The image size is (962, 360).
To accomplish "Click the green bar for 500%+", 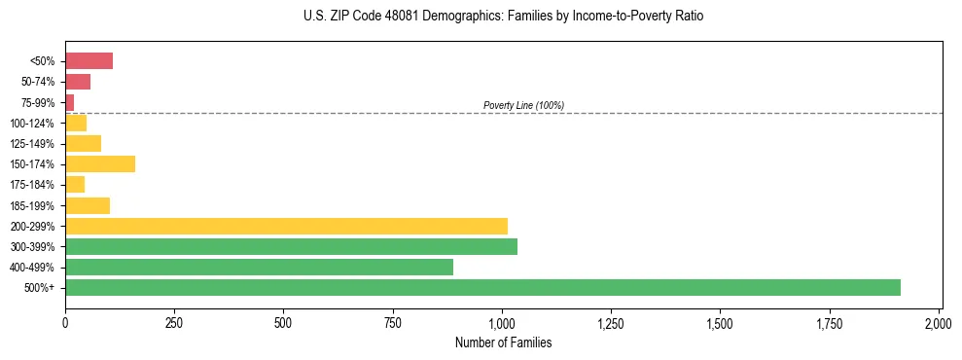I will tap(482, 287).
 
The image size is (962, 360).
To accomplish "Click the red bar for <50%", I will tap(89, 61).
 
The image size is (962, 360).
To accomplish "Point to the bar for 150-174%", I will tap(100, 163).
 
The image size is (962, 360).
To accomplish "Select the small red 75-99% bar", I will tap(69, 102).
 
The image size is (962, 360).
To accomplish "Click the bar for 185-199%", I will tap(88, 205).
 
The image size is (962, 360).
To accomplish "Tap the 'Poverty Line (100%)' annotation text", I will tap(523, 105).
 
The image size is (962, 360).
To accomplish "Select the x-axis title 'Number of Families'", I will tap(503, 342).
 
